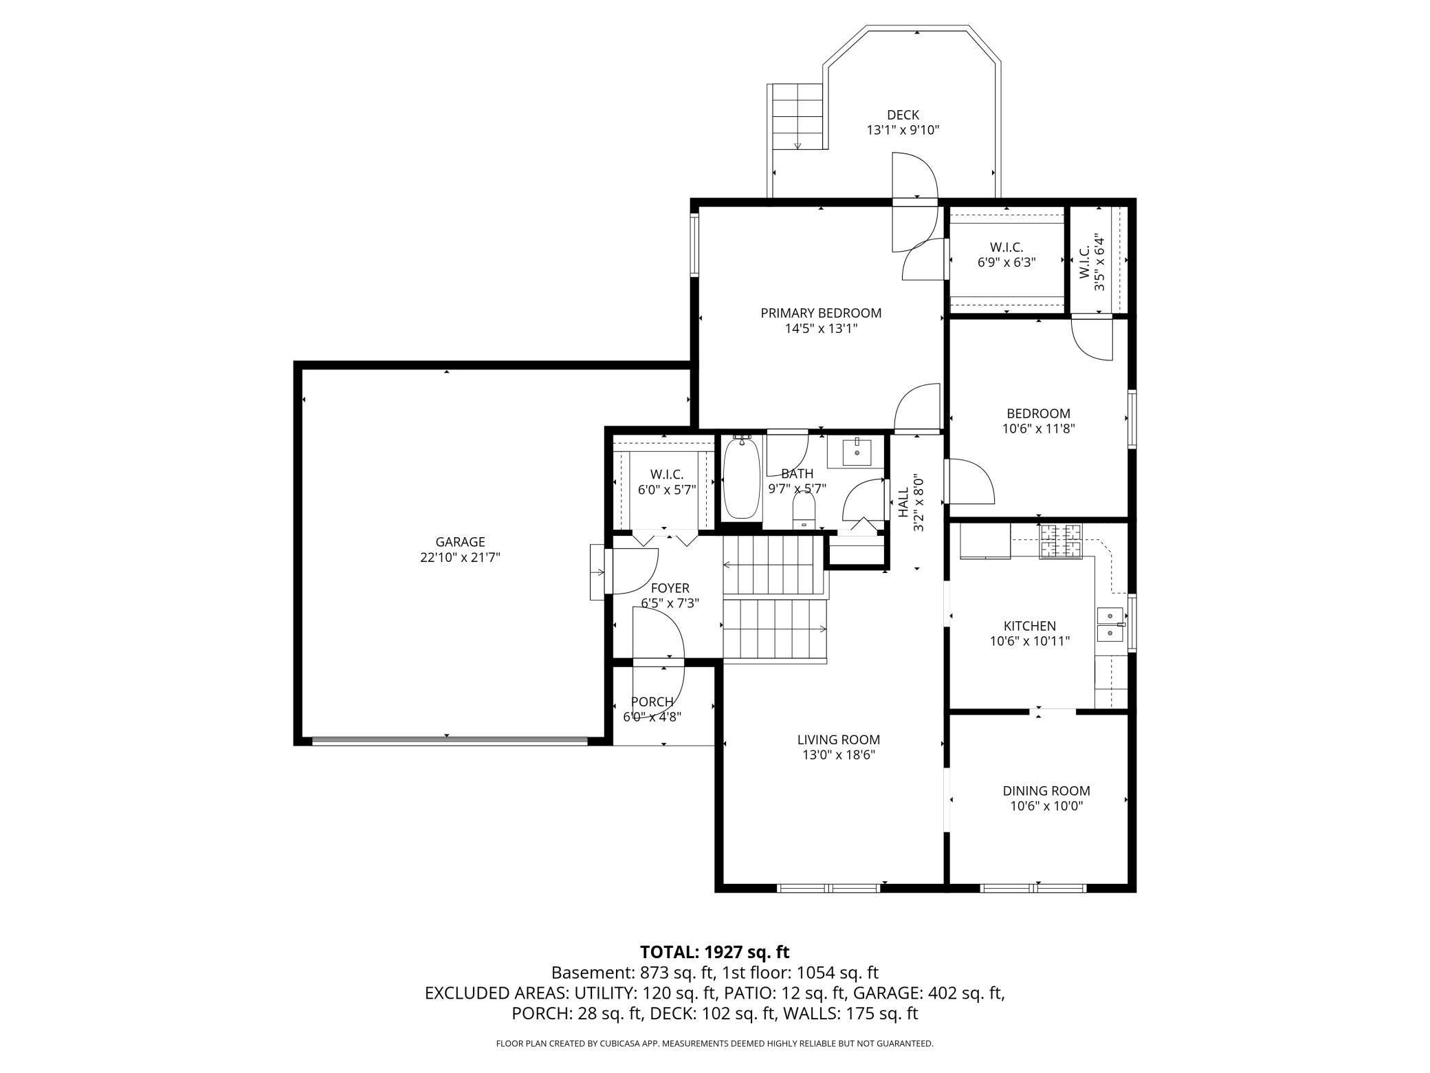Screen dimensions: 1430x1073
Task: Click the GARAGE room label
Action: [460, 542]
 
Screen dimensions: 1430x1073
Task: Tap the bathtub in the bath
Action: [742, 479]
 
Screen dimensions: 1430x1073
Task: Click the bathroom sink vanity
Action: [857, 453]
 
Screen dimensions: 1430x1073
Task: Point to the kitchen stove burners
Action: [1060, 541]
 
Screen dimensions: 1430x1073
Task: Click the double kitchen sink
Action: [1110, 624]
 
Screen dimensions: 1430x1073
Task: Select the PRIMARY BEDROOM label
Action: [821, 313]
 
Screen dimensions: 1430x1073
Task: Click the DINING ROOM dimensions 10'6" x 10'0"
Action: [1046, 806]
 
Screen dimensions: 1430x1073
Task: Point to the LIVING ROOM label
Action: [839, 740]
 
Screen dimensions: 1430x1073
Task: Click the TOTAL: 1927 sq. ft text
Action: [715, 952]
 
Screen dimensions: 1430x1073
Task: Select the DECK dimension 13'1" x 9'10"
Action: [903, 129]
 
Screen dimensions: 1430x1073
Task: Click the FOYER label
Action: [670, 588]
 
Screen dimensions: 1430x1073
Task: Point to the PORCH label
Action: [652, 702]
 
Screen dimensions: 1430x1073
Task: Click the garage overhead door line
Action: [450, 741]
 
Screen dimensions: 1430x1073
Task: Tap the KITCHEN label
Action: [1030, 626]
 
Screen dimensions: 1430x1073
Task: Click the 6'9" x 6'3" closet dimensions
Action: [1006, 262]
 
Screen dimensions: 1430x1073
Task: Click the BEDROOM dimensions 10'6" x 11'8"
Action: [1039, 429]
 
